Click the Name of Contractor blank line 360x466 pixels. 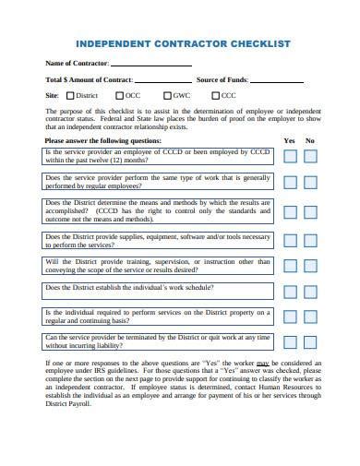pyautogui.click(x=151, y=64)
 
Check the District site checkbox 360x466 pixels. pyautogui.click(x=68, y=96)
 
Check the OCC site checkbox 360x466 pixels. pyautogui.click(x=118, y=96)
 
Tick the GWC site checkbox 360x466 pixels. pyautogui.click(x=168, y=96)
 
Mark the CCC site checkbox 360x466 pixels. pyautogui.click(x=215, y=96)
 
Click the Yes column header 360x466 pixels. pyautogui.click(x=289, y=140)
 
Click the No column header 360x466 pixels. pyautogui.click(x=310, y=140)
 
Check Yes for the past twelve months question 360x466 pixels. pyautogui.click(x=290, y=157)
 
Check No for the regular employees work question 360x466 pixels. pyautogui.click(x=311, y=182)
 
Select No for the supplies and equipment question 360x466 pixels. pyautogui.click(x=311, y=241)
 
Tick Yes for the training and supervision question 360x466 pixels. pyautogui.click(x=290, y=266)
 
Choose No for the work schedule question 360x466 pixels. pyautogui.click(x=311, y=292)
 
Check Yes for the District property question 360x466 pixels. pyautogui.click(x=290, y=318)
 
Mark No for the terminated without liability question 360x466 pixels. pyautogui.click(x=311, y=342)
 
